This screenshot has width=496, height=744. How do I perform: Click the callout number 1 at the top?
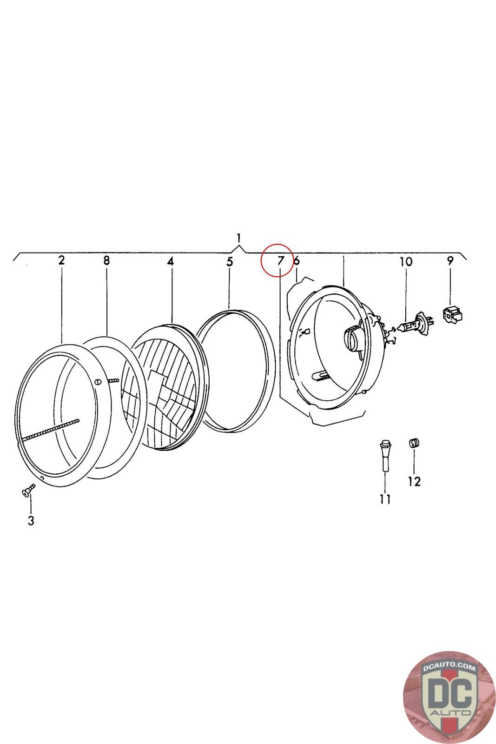pyautogui.click(x=238, y=239)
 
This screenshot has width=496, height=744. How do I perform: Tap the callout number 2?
pyautogui.click(x=61, y=260)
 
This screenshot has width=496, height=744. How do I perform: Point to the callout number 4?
pyautogui.click(x=171, y=261)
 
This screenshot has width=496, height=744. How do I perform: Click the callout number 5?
pyautogui.click(x=230, y=261)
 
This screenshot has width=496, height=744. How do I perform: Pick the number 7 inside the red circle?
pyautogui.click(x=280, y=261)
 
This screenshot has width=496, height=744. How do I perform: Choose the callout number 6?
pyautogui.click(x=297, y=261)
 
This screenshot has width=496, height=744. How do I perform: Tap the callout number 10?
pyautogui.click(x=406, y=261)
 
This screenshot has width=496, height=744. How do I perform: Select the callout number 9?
pyautogui.click(x=450, y=260)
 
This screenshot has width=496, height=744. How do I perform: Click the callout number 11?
pyautogui.click(x=385, y=499)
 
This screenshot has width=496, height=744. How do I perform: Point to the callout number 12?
pyautogui.click(x=414, y=481)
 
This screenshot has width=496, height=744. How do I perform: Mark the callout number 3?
pyautogui.click(x=31, y=521)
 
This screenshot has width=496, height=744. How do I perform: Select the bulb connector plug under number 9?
pyautogui.click(x=452, y=315)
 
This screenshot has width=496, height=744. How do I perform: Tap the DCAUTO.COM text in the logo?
pyautogui.click(x=449, y=668)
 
